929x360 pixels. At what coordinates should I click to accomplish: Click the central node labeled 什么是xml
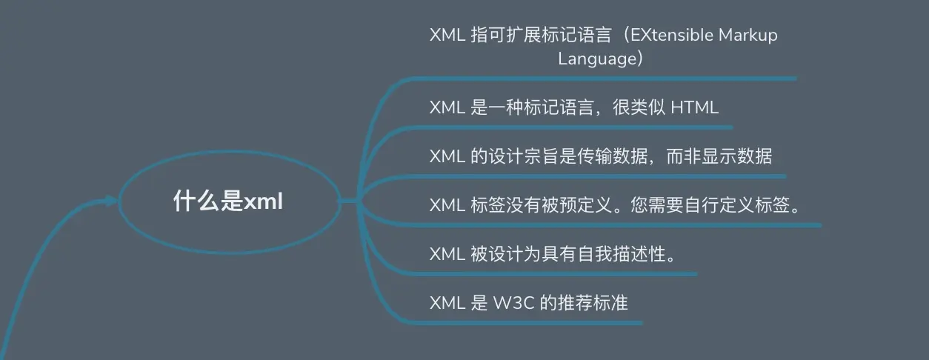[x=228, y=201]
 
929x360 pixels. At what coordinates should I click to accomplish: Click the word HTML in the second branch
[x=694, y=107]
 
